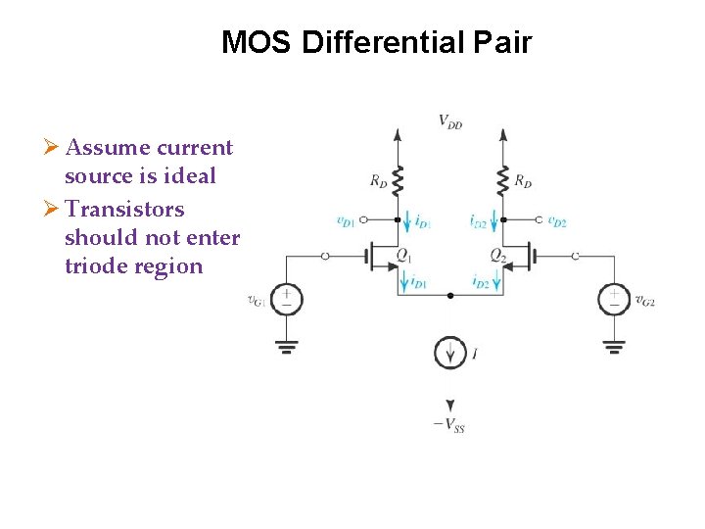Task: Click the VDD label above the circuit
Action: coord(450,121)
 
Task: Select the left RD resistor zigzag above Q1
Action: coord(397,179)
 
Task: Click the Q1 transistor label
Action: coord(403,255)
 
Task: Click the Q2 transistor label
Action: coord(498,255)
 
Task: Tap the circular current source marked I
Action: coord(449,352)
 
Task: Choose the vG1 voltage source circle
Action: coord(286,299)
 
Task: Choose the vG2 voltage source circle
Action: coord(614,299)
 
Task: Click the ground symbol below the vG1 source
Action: coord(286,345)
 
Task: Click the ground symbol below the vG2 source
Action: coord(614,345)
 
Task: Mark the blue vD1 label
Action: coord(345,221)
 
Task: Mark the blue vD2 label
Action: coord(557,221)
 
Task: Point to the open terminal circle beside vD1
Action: coord(364,221)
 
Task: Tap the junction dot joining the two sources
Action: coord(449,295)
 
